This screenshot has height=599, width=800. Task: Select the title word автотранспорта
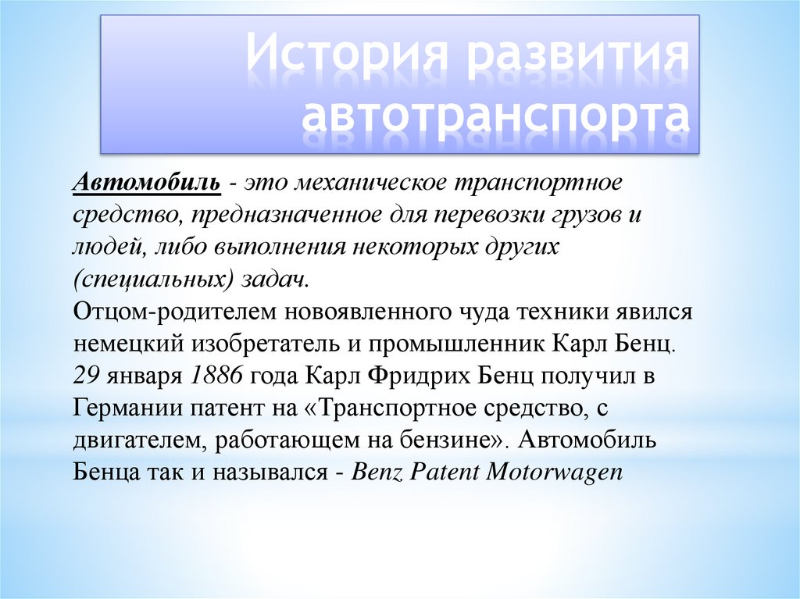(x=496, y=117)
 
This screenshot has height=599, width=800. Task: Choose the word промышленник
(x=452, y=344)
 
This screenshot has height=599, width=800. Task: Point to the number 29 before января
(x=85, y=376)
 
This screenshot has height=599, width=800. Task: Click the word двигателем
(x=125, y=440)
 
